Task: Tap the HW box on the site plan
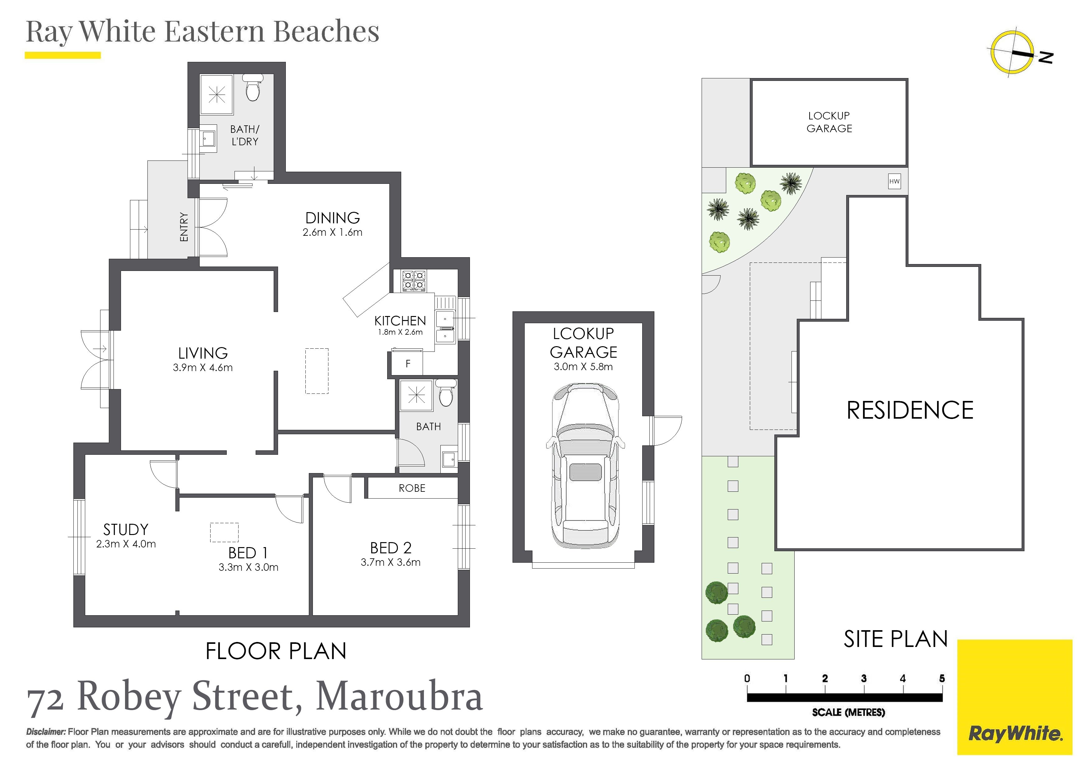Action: pos(894,181)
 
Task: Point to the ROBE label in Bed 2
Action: pos(412,488)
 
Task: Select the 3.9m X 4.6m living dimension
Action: pos(203,367)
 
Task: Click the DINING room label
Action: pos(333,218)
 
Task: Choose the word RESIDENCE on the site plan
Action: pos(910,410)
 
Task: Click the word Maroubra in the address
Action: pos(399,697)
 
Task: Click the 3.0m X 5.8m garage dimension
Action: pos(583,366)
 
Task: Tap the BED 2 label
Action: pos(391,548)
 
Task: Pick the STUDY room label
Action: pos(126,530)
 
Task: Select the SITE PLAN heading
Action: pos(896,639)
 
